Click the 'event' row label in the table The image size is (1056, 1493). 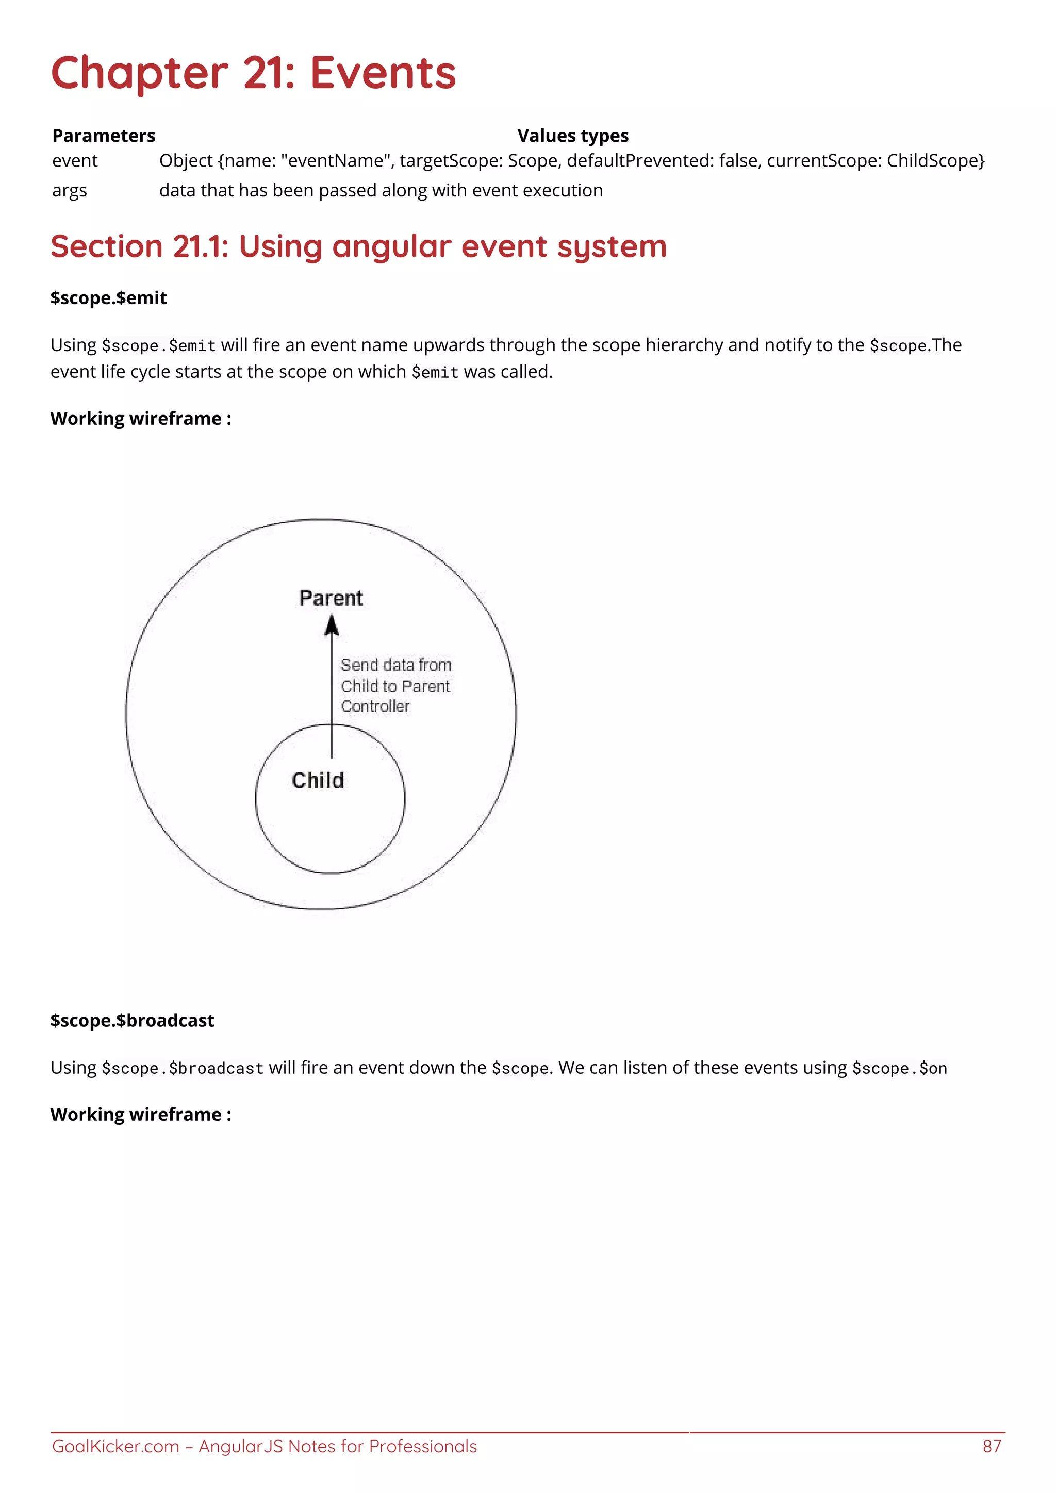pyautogui.click(x=75, y=161)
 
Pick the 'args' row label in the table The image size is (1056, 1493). pyautogui.click(x=69, y=191)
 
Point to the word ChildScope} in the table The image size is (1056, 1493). pyautogui.click(x=936, y=161)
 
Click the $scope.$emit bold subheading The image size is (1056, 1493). pyautogui.click(x=109, y=298)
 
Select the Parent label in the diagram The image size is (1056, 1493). pyautogui.click(x=331, y=598)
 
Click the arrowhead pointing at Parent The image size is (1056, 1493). pyautogui.click(x=332, y=626)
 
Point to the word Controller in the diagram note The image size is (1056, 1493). pyautogui.click(x=375, y=707)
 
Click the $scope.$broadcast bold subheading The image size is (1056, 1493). pyautogui.click(x=132, y=1020)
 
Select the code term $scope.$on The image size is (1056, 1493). pyautogui.click(x=899, y=1068)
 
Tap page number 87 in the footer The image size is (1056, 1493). pyautogui.click(x=992, y=1446)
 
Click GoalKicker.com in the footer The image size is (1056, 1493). pyautogui.click(x=115, y=1446)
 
